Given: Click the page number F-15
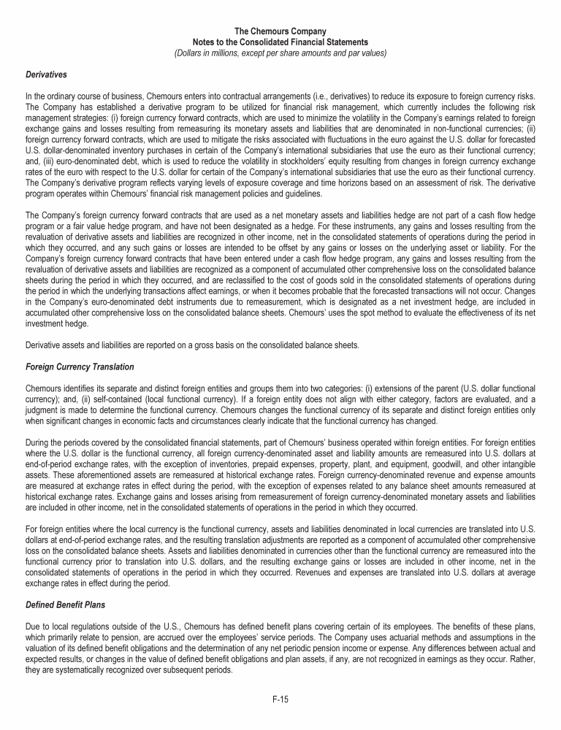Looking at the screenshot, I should point(280,699).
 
